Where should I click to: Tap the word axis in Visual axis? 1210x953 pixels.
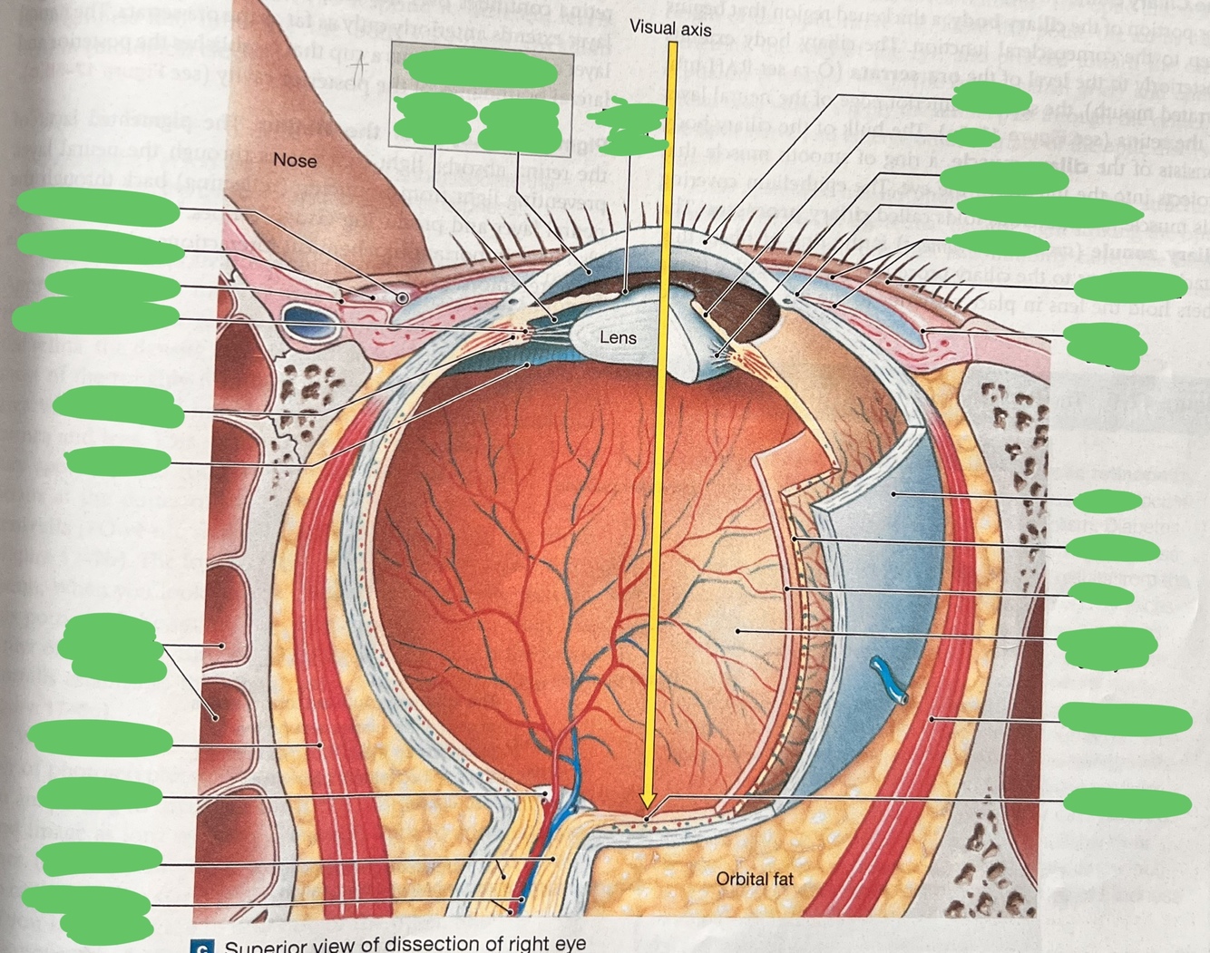pyautogui.click(x=696, y=29)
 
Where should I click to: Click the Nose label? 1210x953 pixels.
pyautogui.click(x=295, y=160)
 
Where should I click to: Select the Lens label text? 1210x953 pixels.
pyautogui.click(x=618, y=337)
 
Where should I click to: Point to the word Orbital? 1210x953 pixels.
pyautogui.click(x=741, y=878)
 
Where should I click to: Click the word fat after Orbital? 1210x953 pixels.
pyautogui.click(x=781, y=878)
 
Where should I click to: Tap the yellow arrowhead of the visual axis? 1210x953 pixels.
pyautogui.click(x=647, y=800)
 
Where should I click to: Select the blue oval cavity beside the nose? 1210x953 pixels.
pyautogui.click(x=299, y=318)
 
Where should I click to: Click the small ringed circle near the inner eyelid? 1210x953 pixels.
pyautogui.click(x=402, y=297)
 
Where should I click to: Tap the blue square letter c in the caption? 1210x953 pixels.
pyautogui.click(x=204, y=947)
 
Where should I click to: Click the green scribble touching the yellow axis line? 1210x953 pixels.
pyautogui.click(x=630, y=126)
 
